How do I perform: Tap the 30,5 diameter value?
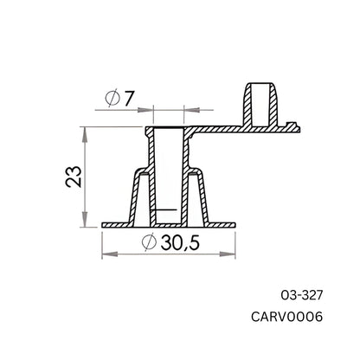click(177, 244)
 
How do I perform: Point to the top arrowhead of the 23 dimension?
click(84, 131)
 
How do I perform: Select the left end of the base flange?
click(104, 226)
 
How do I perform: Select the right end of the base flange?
click(235, 226)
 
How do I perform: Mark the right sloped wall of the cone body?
click(207, 195)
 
